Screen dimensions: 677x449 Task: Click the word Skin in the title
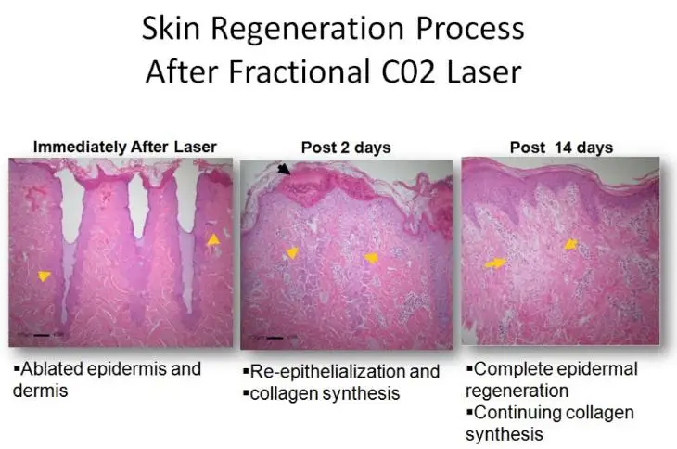171,29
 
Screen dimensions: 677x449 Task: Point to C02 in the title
408,71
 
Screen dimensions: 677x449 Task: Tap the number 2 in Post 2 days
345,148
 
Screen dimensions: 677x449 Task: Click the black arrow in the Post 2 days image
284,169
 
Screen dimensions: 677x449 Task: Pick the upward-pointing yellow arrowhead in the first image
213,239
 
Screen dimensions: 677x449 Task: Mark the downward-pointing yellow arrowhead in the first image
44,276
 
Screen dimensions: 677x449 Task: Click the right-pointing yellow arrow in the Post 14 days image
495,263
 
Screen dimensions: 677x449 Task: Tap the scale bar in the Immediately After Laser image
42,335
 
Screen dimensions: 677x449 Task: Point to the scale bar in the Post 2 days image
275,338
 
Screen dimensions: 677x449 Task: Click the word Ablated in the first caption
52,369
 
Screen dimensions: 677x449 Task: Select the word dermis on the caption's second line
40,391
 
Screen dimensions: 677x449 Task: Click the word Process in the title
470,29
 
